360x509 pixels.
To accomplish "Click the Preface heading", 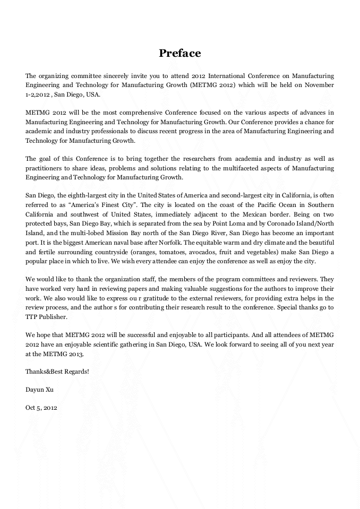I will [180, 53].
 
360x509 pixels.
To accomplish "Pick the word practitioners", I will [45, 168].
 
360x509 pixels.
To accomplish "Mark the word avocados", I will [185, 252].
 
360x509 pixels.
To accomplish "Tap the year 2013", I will [75, 353].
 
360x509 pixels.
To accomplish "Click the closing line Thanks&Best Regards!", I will [57, 372].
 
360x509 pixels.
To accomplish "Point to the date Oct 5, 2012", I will [41, 408].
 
